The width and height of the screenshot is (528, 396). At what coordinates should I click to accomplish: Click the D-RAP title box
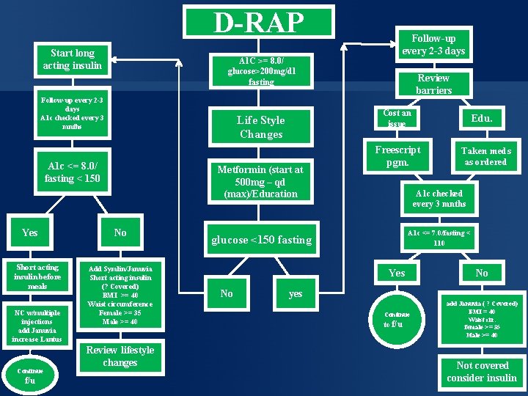coord(258,22)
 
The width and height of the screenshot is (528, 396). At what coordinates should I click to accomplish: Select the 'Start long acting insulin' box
coord(73,59)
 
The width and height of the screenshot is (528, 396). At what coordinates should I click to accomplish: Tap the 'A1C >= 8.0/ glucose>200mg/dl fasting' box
coord(261,71)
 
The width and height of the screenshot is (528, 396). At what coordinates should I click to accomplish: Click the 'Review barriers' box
coord(433,84)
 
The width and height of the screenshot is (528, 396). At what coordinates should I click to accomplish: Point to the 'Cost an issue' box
coord(397,119)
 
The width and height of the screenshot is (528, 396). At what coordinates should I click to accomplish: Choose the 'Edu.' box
coord(482,119)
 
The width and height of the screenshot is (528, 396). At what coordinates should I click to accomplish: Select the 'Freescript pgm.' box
coord(397,156)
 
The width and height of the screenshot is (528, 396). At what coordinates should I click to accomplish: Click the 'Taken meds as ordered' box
coord(485,156)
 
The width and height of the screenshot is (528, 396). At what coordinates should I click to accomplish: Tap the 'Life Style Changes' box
coord(261,127)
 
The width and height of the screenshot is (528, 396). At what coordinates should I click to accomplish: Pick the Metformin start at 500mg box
coord(260,181)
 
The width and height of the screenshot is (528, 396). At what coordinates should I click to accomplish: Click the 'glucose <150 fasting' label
coord(261,240)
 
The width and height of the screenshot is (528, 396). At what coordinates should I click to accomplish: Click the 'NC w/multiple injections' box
coord(39,326)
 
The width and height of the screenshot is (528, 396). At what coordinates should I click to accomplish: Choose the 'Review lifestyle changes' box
coord(120,356)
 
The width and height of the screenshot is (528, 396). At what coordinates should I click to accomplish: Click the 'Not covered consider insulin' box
coord(482,371)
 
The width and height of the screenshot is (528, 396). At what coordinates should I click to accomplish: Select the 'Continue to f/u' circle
coord(397,319)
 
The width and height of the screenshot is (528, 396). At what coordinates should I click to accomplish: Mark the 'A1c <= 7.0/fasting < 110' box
coord(439,237)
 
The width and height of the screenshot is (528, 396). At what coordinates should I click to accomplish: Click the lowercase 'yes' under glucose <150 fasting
coord(296,293)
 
